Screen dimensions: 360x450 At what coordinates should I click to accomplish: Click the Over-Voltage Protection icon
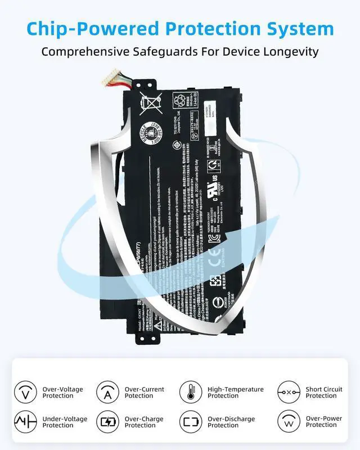25,392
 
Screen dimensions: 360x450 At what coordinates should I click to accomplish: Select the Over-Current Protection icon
107,392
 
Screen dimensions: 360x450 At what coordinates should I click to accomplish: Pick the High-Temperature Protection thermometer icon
191,392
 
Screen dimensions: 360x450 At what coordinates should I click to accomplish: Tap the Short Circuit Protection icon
289,392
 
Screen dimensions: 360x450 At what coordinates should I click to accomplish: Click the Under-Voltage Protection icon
25,422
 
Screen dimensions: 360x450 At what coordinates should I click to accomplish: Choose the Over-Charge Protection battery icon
107,422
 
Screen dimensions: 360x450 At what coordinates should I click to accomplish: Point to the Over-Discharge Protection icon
191,422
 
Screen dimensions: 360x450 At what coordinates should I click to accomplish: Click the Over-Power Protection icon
289,422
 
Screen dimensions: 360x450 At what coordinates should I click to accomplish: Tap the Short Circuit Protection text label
324,392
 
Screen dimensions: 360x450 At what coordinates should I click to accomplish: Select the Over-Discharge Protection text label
231,422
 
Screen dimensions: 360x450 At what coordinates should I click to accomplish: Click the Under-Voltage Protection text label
65,422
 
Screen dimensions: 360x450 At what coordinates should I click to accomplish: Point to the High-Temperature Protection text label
236,392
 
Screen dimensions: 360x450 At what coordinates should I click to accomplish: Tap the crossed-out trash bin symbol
151,105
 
